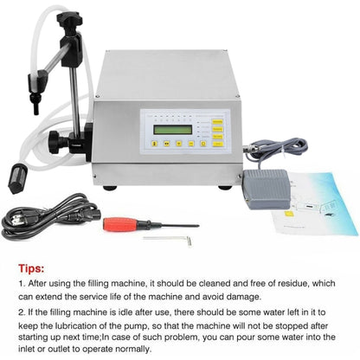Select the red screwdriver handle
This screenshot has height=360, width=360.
coord(118,223)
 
